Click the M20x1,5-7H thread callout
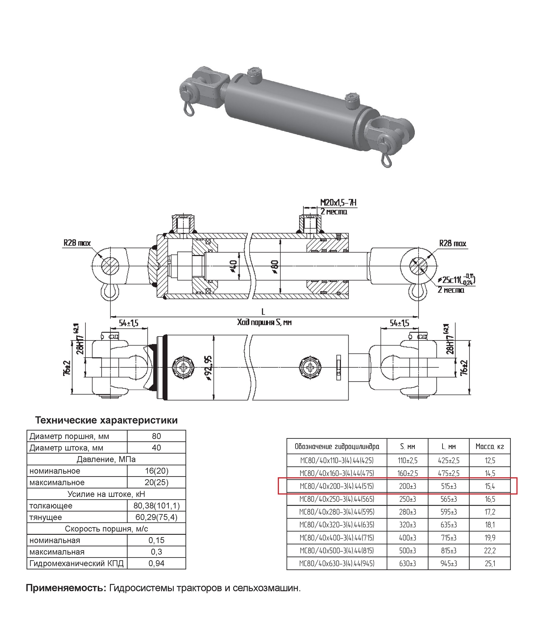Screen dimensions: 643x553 click(x=338, y=203)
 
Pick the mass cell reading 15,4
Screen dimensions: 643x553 click(x=490, y=486)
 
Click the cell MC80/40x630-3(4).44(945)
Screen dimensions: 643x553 click(x=337, y=564)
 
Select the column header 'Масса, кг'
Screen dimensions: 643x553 click(x=490, y=447)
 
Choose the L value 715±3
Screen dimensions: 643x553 click(x=448, y=538)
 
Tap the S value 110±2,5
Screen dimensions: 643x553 click(x=407, y=460)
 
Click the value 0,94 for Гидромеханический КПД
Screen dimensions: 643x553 click(x=156, y=563)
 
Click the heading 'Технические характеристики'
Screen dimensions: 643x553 click(x=106, y=420)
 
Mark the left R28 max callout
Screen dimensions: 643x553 click(x=77, y=243)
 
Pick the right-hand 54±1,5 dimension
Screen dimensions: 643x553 click(x=400, y=323)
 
